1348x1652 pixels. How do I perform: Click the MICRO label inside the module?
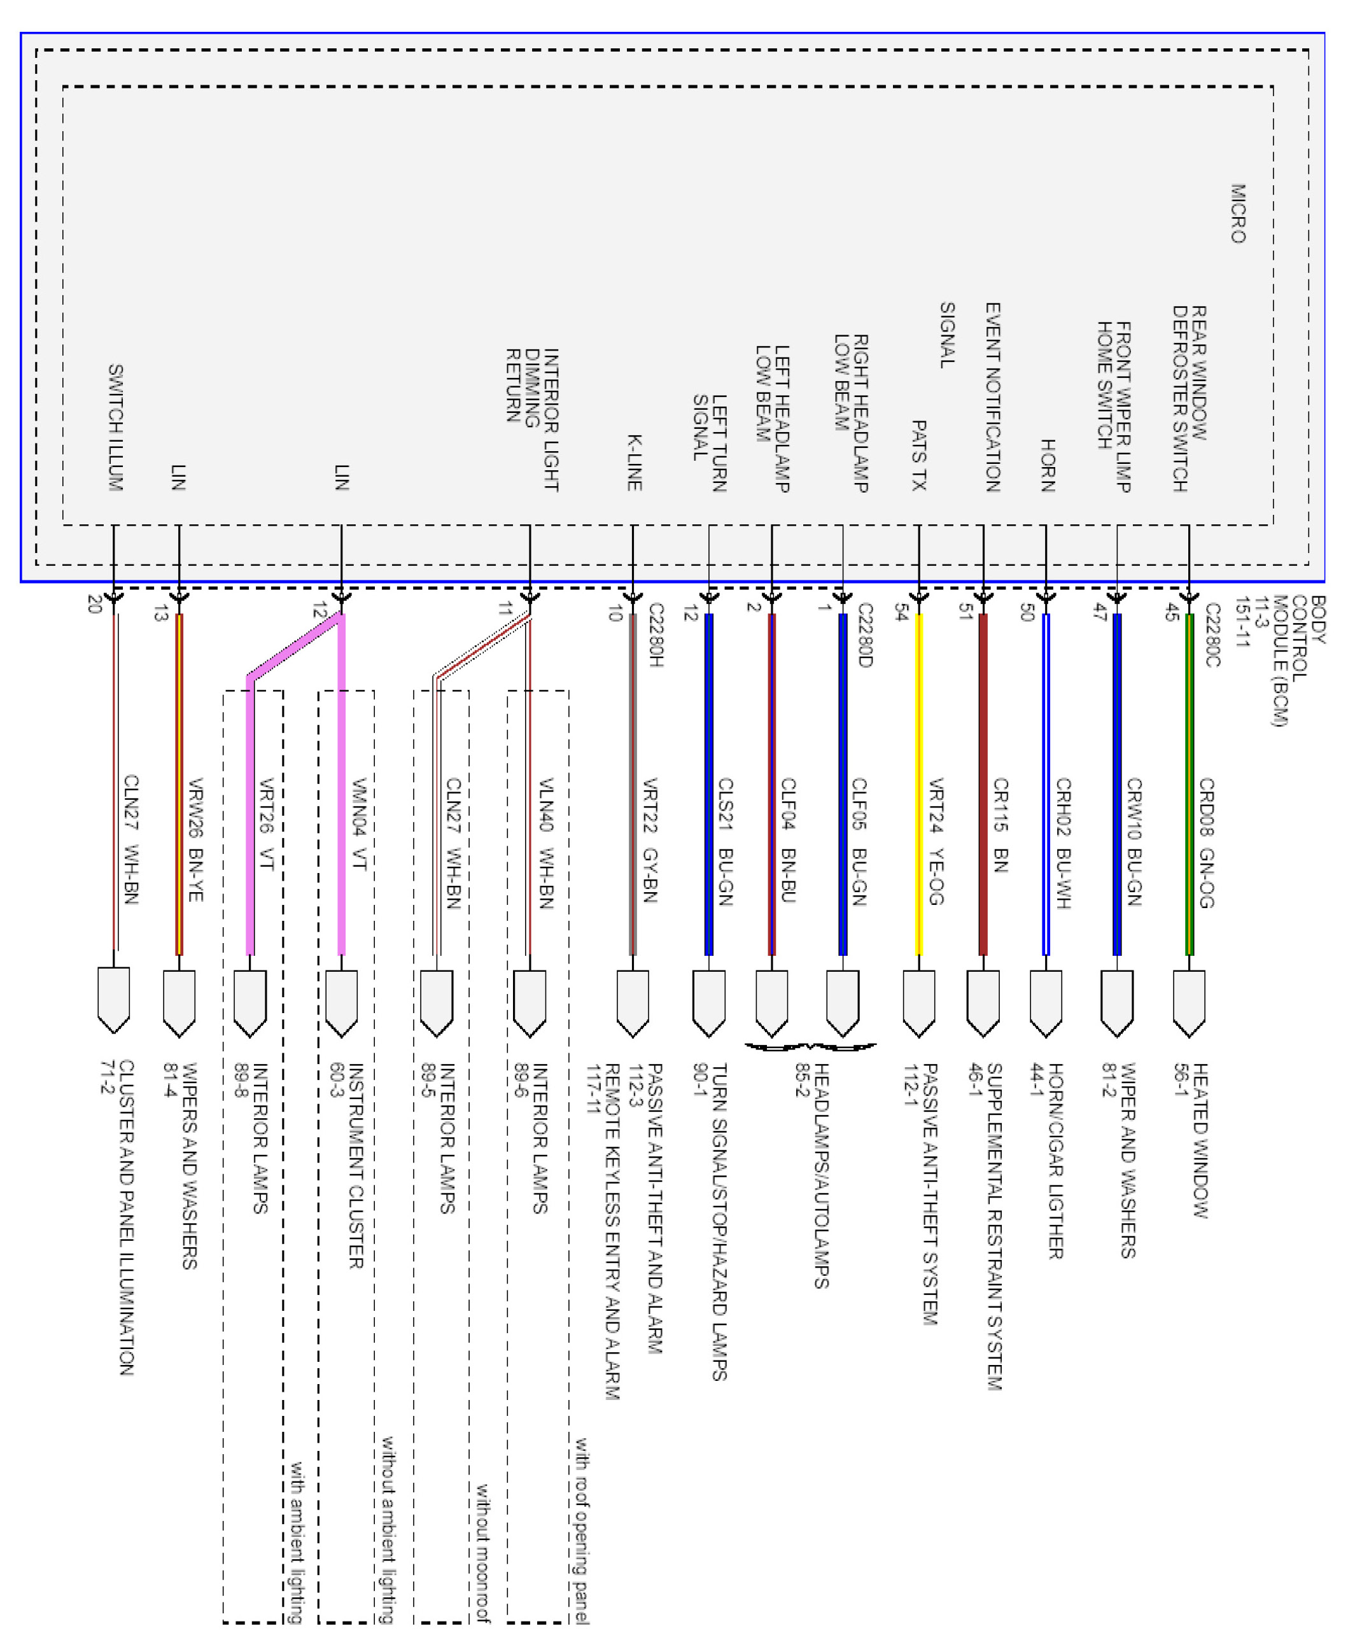[x=1239, y=213]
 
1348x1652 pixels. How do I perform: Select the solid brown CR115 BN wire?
[x=983, y=784]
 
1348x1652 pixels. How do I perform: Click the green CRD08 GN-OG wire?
[x=1189, y=784]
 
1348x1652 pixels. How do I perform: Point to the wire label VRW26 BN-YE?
[x=195, y=839]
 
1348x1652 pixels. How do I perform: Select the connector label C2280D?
[x=865, y=635]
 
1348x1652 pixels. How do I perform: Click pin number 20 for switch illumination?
[x=95, y=604]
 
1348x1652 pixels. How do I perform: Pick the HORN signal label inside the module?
[x=1048, y=465]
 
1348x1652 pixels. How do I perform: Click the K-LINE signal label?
[x=635, y=463]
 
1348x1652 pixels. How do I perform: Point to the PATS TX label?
[x=918, y=455]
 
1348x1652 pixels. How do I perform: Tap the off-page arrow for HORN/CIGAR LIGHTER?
[x=1046, y=1002]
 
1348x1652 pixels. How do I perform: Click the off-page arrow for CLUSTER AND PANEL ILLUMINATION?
[x=113, y=1000]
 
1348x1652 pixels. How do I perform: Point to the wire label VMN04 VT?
[x=358, y=825]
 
